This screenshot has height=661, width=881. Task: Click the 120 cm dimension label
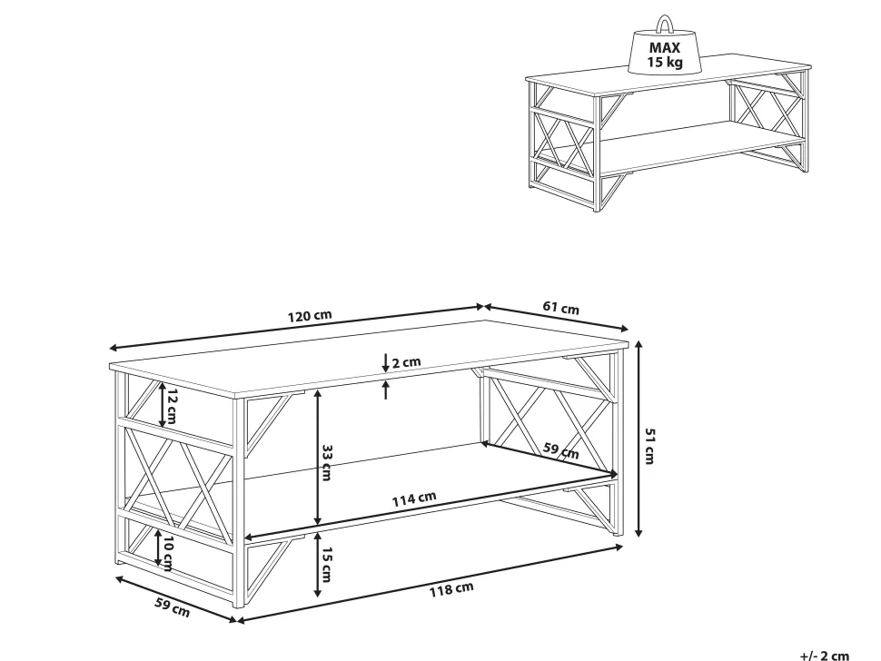(310, 315)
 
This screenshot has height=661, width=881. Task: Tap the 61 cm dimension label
(560, 308)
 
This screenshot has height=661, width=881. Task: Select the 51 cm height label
(649, 446)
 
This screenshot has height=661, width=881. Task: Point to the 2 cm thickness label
(406, 362)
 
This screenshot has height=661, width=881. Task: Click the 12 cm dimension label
(172, 406)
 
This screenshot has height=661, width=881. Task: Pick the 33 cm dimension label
(326, 463)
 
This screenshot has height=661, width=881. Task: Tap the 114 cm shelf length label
(414, 498)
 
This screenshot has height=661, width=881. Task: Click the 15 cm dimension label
(326, 564)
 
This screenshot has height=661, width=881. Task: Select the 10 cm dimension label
(167, 554)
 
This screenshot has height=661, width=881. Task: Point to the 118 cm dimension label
(451, 589)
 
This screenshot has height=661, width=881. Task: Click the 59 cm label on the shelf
(560, 450)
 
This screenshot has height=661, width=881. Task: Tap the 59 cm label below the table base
(173, 607)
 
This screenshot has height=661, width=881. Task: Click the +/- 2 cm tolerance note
(825, 656)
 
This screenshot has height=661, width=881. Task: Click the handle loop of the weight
(665, 24)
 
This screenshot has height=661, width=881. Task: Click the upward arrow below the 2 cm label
(385, 390)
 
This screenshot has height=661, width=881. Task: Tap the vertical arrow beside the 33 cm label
(318, 457)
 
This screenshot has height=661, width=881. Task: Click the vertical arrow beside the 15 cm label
(318, 563)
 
